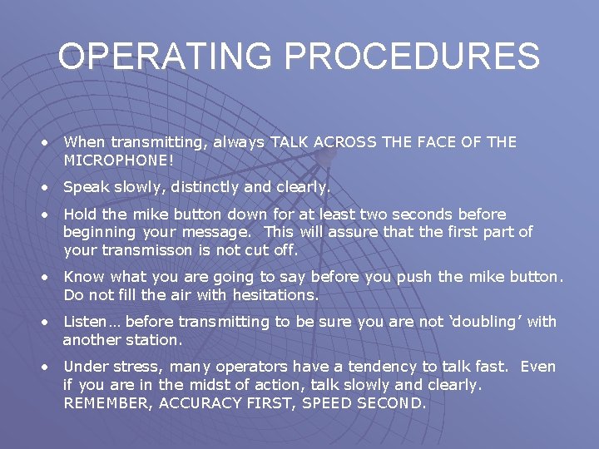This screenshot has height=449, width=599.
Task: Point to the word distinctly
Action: pos(200,187)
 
